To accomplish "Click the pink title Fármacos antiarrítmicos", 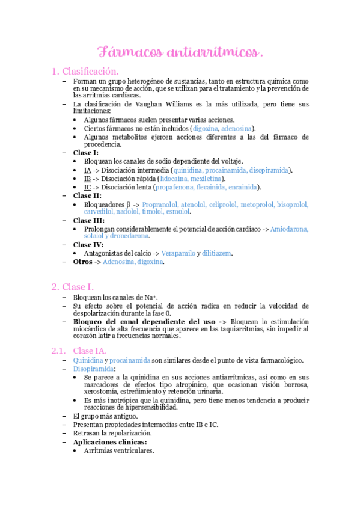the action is click(x=180, y=52).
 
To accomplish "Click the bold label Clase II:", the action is click(x=88, y=196).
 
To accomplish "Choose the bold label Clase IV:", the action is click(x=88, y=245).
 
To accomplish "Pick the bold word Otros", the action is click(x=83, y=262).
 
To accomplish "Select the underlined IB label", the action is click(x=87, y=179).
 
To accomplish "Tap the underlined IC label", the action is click(x=87, y=188).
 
